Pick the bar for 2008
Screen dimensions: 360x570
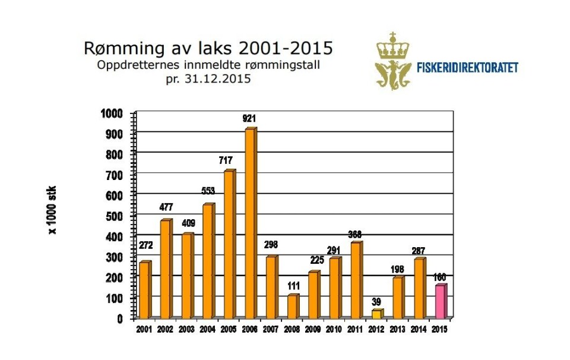coord(292,307)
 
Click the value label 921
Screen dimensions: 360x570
coord(250,119)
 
